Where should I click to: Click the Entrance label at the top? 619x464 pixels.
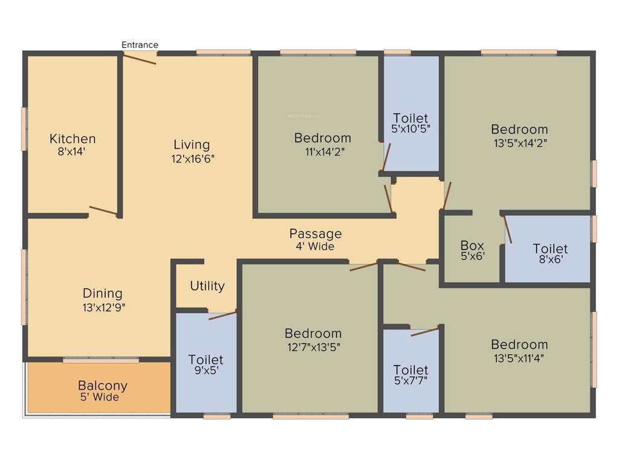coord(140,45)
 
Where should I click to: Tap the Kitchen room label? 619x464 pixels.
coord(73,139)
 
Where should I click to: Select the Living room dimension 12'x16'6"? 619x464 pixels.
coord(192,159)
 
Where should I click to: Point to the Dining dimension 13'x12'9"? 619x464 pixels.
coord(102,307)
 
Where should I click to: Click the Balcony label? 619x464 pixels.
coord(102,385)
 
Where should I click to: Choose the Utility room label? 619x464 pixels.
coord(207,286)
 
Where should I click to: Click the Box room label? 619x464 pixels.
coord(472,245)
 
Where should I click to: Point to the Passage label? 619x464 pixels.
coord(315,234)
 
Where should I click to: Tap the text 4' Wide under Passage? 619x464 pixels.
coord(315,246)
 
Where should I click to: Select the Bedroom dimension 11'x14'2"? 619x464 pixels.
coord(322,152)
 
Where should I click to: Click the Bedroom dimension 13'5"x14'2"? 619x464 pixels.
coord(519,144)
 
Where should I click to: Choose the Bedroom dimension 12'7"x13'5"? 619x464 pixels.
coord(313,347)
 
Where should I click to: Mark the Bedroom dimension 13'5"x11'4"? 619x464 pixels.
coord(519,359)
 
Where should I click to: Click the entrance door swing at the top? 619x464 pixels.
coord(140,57)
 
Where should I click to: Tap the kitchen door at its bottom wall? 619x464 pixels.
coord(103,211)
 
